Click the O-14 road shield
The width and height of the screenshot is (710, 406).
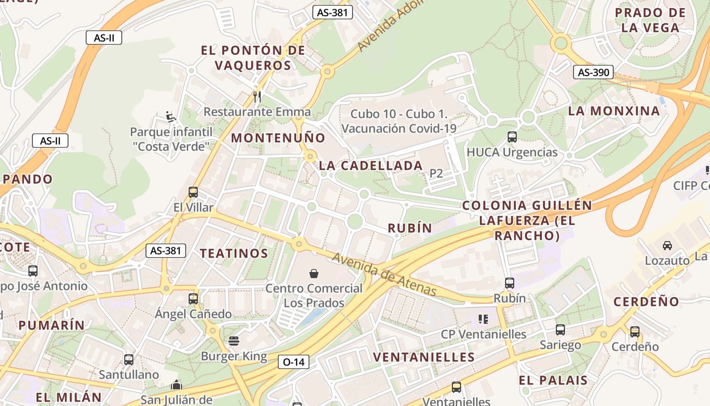click(294, 362)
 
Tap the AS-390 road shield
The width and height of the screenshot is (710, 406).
click(593, 72)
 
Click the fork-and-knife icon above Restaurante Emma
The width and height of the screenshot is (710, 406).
click(257, 96)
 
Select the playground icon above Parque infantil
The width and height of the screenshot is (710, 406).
click(171, 117)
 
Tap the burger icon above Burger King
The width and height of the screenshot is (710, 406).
click(234, 341)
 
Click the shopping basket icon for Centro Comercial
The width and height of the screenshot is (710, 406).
click(314, 274)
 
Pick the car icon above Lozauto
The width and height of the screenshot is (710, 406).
click(667, 246)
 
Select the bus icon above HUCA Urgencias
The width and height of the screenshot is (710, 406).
click(512, 137)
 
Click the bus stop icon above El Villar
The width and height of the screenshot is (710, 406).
click(193, 192)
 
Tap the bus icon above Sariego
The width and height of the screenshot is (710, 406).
click(560, 330)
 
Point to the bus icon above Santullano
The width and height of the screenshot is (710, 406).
click(129, 360)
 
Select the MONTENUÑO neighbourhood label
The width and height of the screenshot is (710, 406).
click(278, 138)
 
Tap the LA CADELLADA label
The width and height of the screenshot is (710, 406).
click(371, 165)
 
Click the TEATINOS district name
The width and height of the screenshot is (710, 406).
click(234, 253)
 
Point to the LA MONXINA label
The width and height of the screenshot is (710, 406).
click(614, 111)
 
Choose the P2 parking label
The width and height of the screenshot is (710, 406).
click(436, 174)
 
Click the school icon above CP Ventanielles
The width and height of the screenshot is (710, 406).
click(483, 319)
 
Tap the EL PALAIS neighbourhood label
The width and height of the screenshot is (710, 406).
click(553, 380)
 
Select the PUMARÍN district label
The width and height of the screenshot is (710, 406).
click(52, 325)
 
